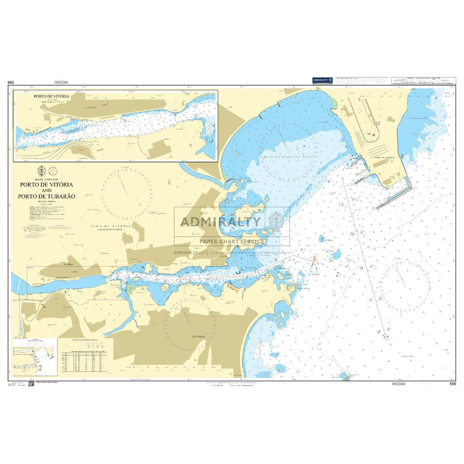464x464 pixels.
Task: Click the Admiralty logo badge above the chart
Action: (x=322, y=80)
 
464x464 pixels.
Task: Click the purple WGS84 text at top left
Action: (x=61, y=82)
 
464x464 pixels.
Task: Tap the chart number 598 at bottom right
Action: (x=453, y=384)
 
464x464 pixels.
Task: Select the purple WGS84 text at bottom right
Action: (x=398, y=384)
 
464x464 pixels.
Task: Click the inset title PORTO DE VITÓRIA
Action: (x=51, y=96)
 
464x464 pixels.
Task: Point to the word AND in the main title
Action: (x=47, y=190)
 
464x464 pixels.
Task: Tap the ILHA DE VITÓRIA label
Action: (x=111, y=226)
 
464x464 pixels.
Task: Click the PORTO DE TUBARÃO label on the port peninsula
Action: (x=385, y=157)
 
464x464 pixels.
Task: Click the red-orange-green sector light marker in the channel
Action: (x=313, y=261)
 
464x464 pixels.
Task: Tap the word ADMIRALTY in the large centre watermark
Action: (x=221, y=221)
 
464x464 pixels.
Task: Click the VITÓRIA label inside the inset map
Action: (x=91, y=108)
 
